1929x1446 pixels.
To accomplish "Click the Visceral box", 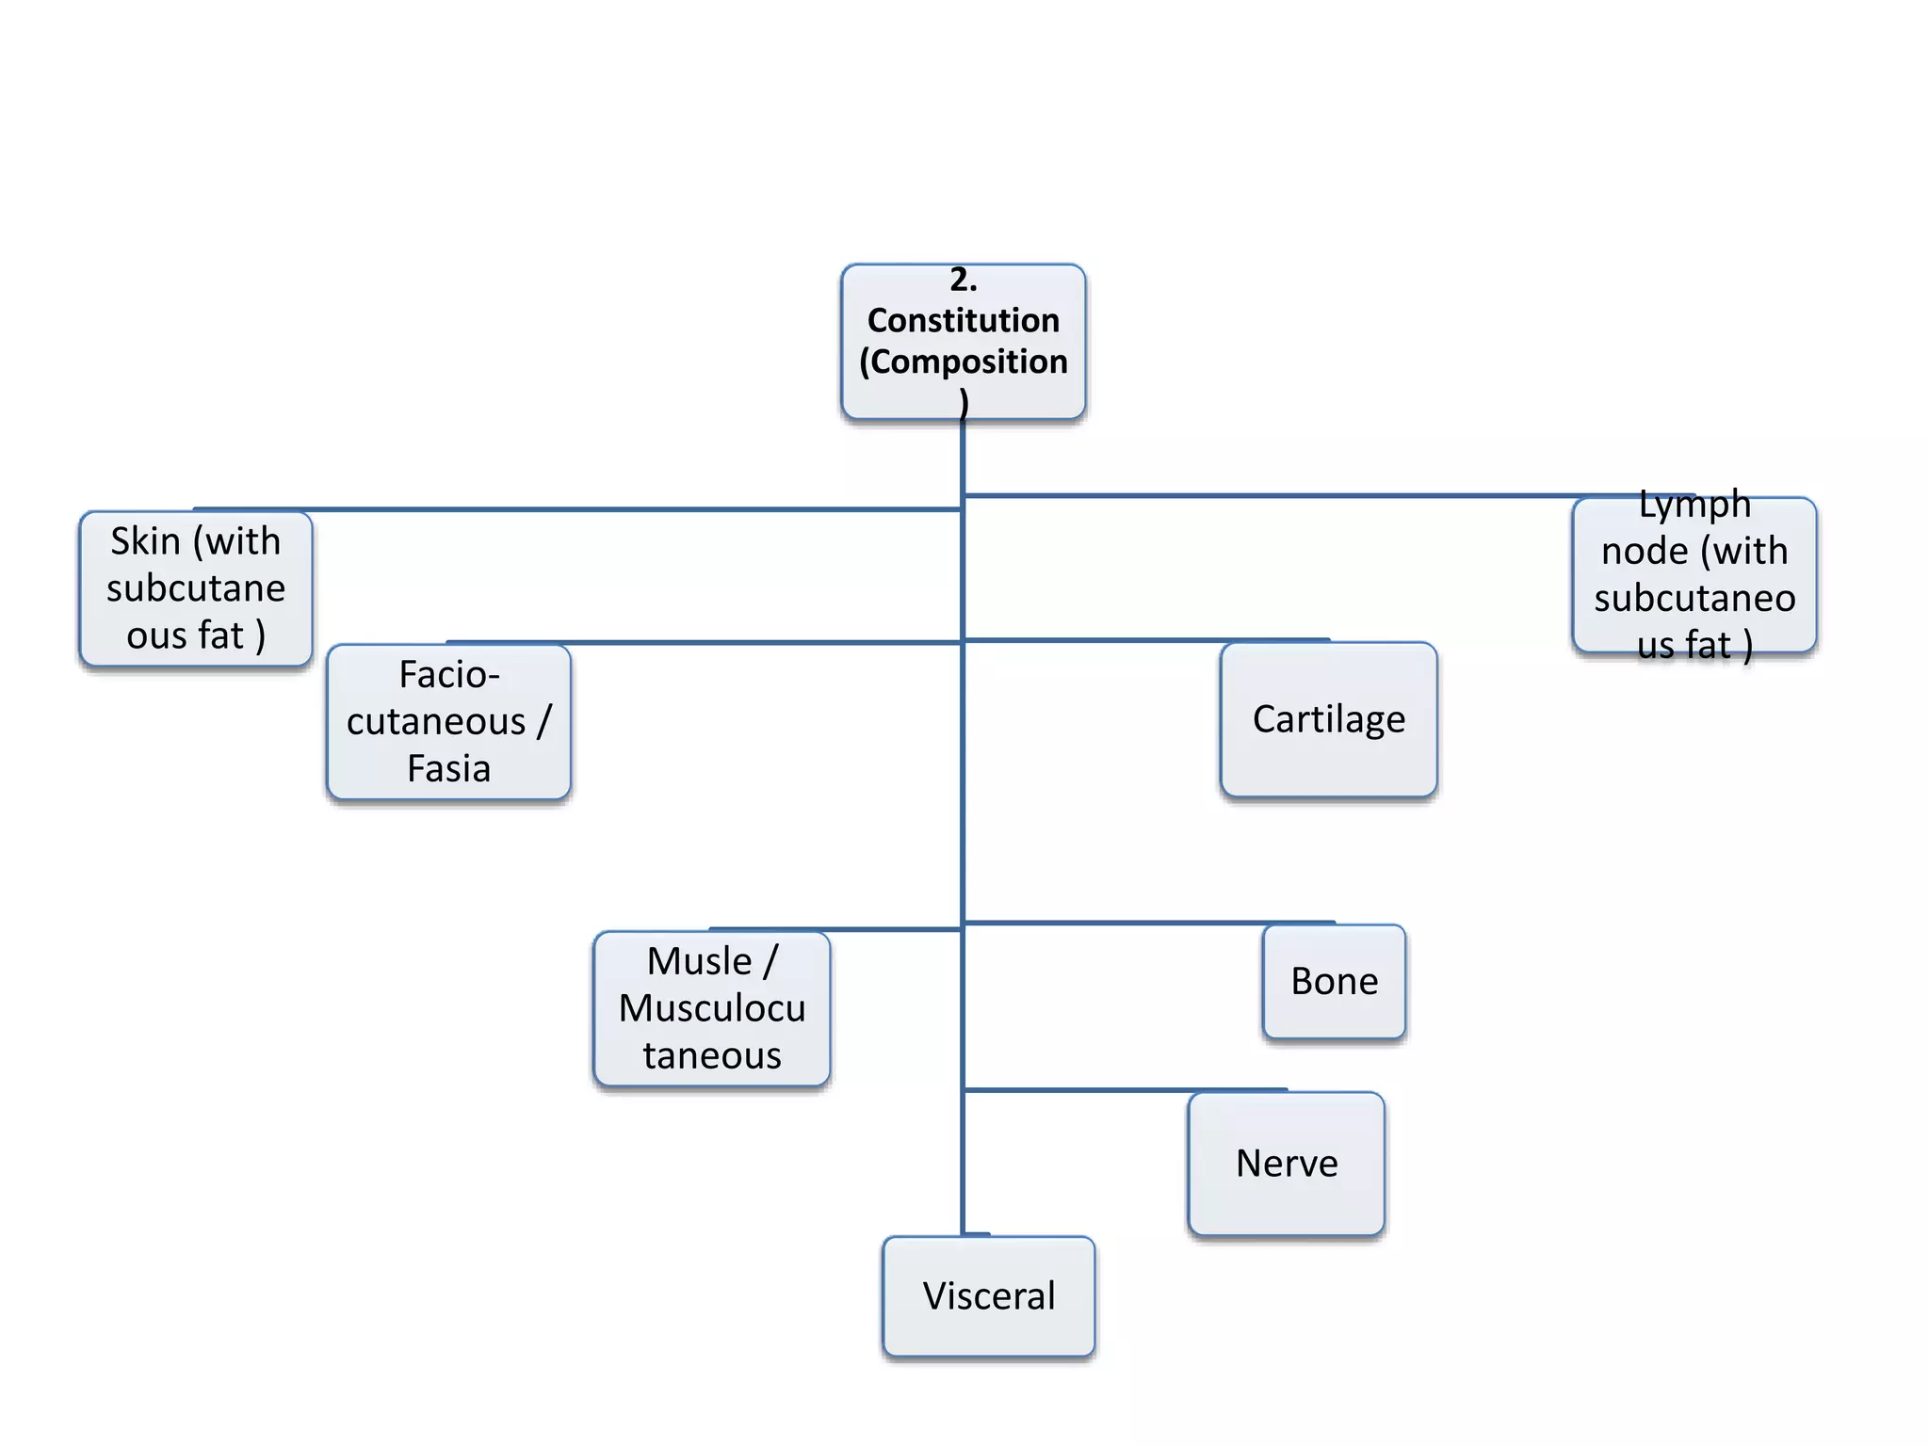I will point(988,1296).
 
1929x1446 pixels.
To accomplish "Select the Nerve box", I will point(1286,1164).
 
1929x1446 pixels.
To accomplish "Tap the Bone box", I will point(1334,982).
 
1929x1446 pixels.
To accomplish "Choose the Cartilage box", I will point(1328,719).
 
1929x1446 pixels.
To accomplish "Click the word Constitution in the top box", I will point(963,320).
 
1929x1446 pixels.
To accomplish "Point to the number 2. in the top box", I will point(963,280).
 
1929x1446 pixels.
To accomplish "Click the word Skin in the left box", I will point(145,541).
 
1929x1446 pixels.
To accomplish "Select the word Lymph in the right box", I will point(1694,505).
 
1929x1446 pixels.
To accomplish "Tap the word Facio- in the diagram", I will point(448,674).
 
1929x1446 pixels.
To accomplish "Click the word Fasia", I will point(448,769).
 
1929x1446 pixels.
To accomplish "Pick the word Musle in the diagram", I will point(699,961).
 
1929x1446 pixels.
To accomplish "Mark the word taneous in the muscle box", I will point(712,1055).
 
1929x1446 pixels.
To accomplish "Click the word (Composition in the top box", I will point(963,361).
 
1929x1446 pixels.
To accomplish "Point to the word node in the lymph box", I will point(1644,551).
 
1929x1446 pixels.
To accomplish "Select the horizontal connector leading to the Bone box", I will point(1149,923).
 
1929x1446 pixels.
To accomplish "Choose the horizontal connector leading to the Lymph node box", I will point(1319,495).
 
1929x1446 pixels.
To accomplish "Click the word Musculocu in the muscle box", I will point(712,1008).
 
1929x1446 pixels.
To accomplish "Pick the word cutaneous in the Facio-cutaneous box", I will point(436,722).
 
